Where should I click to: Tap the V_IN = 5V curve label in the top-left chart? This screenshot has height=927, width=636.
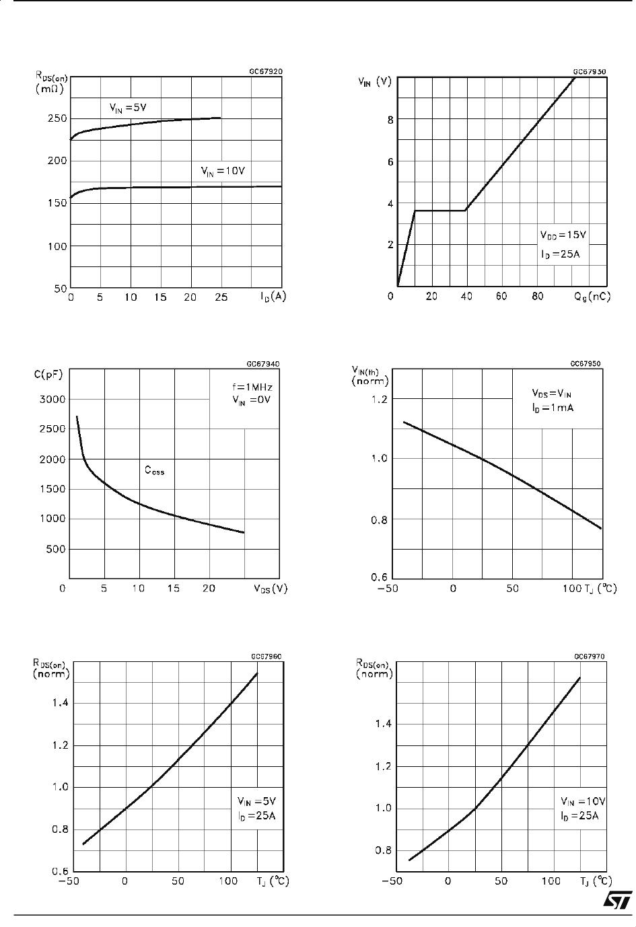click(x=128, y=106)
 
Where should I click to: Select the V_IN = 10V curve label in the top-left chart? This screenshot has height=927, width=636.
click(x=223, y=172)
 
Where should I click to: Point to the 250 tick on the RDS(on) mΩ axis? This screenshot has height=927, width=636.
click(x=57, y=118)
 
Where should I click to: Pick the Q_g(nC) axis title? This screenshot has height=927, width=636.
click(x=592, y=297)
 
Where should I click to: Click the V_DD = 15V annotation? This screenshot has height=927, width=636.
click(x=563, y=235)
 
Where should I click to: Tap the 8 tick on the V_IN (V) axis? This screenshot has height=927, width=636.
click(x=390, y=119)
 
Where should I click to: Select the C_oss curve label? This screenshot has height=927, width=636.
click(x=154, y=471)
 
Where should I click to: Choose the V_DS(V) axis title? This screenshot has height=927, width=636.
click(x=271, y=589)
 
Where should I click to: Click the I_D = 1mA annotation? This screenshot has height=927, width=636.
click(x=552, y=408)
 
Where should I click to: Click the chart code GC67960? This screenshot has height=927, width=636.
click(x=266, y=656)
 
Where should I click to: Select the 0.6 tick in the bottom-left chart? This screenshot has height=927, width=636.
click(x=60, y=870)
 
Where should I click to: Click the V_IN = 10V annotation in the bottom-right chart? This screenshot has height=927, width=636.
click(x=583, y=802)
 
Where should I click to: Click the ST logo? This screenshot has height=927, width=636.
click(x=616, y=901)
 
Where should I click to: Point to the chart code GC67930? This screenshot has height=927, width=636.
click(x=589, y=71)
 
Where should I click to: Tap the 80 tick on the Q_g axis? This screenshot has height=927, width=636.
click(x=537, y=297)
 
